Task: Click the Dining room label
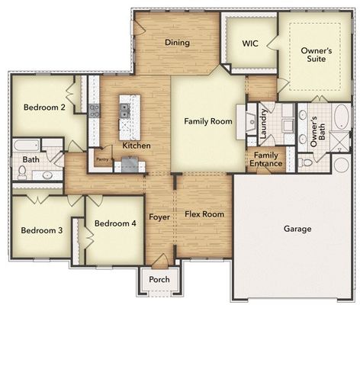(178, 43)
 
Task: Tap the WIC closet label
(249, 44)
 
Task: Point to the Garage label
(297, 229)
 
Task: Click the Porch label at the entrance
(159, 280)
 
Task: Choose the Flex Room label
(204, 214)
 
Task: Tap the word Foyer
(159, 217)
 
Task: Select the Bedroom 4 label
(115, 223)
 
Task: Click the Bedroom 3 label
(41, 230)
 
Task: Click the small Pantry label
(102, 159)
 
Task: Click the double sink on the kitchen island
(124, 111)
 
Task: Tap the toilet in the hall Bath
(21, 172)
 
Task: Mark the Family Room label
(208, 121)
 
